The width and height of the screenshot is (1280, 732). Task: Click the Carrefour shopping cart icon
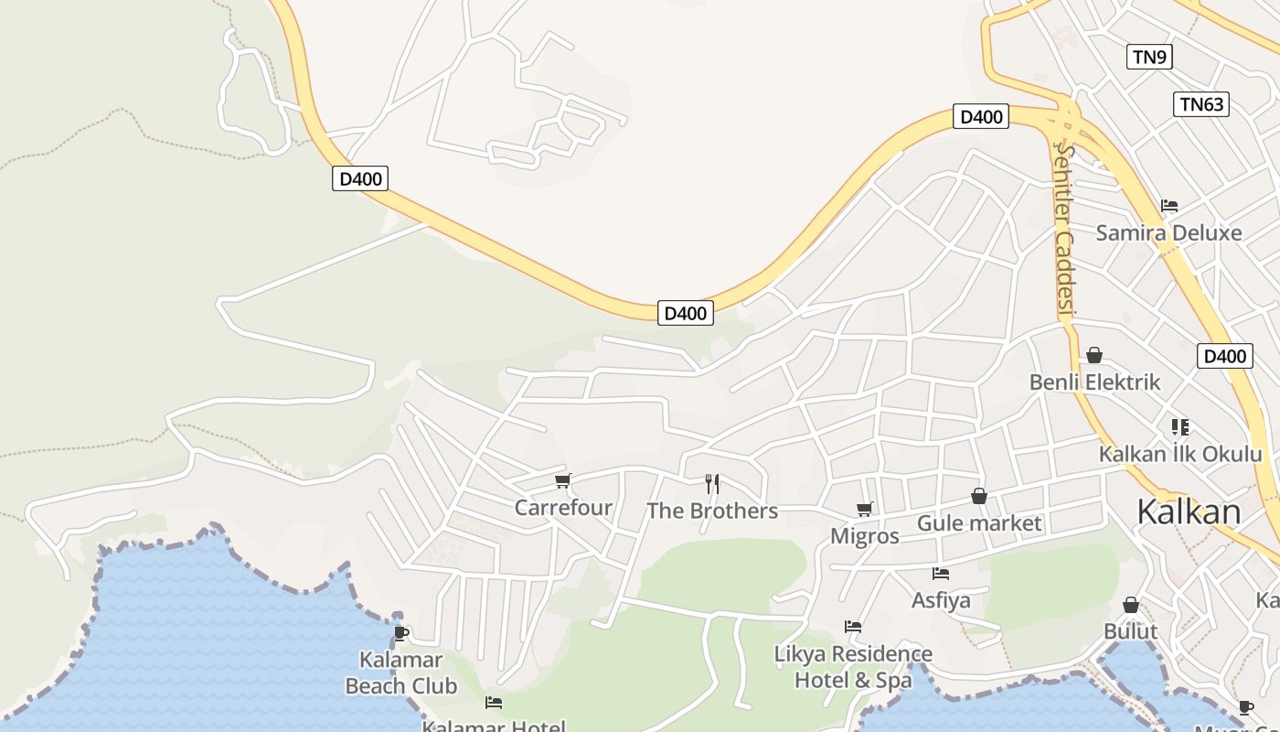[563, 481]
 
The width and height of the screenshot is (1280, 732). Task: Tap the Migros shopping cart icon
[864, 509]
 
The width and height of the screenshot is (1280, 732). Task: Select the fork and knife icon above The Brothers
[712, 483]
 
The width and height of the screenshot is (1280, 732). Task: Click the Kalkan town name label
[1189, 512]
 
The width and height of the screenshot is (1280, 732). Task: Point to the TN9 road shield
[1149, 57]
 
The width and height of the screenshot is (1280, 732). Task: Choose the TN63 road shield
[1201, 104]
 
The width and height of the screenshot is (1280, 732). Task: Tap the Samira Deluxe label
[1168, 232]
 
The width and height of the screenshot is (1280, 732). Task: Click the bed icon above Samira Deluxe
[1168, 206]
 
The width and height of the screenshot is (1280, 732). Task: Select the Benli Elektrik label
[1094, 382]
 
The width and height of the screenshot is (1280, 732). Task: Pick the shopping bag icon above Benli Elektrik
[1094, 355]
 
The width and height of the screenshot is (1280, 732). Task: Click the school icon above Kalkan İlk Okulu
[1180, 427]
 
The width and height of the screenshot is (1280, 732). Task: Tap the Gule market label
[979, 523]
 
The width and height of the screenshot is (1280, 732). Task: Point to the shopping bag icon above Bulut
[1131, 605]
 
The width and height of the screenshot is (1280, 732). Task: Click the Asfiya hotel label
[941, 601]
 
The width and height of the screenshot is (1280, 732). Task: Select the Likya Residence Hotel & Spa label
[853, 667]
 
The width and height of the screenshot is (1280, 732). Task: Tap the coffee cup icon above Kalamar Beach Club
[400, 632]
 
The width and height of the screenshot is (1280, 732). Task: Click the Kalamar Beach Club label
[400, 673]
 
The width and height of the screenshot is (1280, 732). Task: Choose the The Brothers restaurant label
[712, 511]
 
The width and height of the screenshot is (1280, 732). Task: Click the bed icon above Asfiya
[941, 574]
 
